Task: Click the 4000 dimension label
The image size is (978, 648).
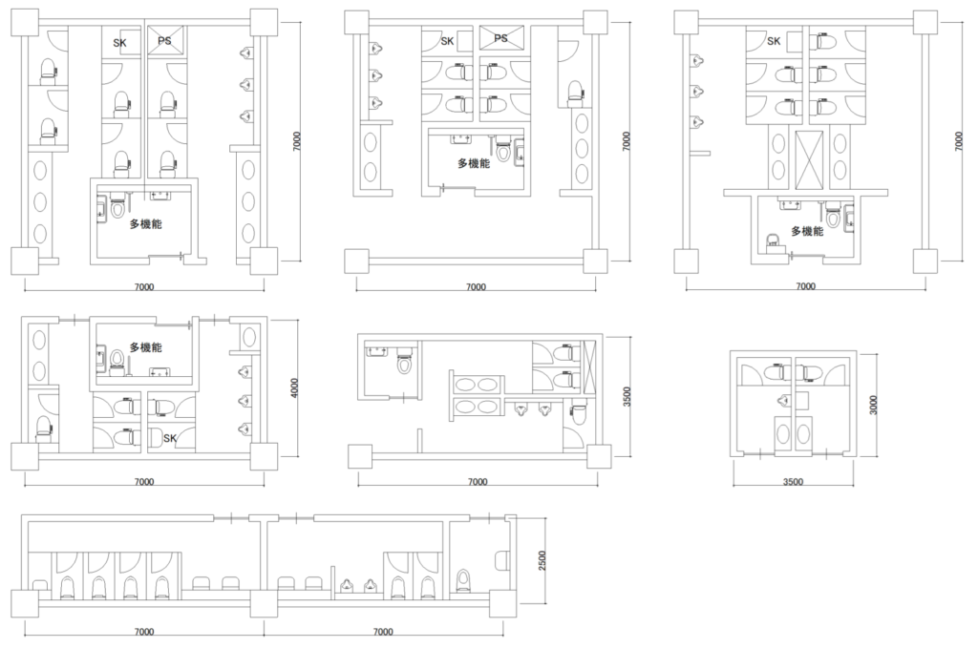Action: coord(295,388)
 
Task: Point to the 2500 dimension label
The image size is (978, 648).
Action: coord(542,560)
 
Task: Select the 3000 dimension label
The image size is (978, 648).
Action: coord(873,405)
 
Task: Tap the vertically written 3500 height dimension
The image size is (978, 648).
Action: coord(627,397)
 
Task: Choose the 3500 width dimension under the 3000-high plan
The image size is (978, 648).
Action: coord(793,482)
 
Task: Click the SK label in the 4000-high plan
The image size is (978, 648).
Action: coord(170,439)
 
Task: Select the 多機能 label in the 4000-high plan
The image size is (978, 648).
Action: coord(146,347)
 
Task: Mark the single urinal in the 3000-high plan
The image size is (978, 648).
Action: coord(784,401)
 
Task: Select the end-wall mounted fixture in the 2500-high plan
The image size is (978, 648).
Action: coord(502,559)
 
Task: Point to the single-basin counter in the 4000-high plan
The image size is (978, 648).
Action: coord(249,337)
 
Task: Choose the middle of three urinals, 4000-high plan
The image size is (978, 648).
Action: coord(244,401)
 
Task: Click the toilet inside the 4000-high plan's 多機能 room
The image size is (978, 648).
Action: coord(117,360)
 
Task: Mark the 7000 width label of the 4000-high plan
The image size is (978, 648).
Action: coord(144,482)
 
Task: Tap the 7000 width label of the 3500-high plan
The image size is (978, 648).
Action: coord(478,482)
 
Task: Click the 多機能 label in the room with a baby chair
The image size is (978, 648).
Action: coord(807,231)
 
